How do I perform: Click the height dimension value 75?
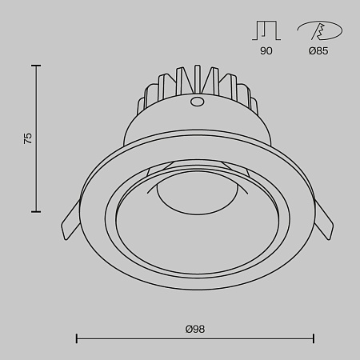pos(28,138)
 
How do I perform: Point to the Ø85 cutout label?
pos(318,51)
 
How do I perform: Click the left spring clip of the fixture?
pos(71,218)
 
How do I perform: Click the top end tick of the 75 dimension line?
pos(36,66)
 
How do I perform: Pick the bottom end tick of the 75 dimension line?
pos(36,211)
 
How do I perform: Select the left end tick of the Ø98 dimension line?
pos(77,338)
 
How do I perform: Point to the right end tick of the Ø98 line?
pos(314,338)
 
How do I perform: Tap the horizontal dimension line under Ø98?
pos(194,338)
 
